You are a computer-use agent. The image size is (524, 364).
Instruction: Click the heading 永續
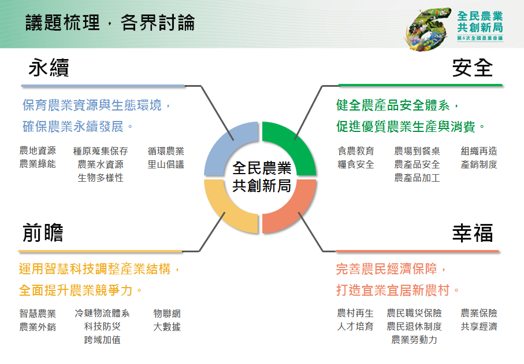click(x=49, y=68)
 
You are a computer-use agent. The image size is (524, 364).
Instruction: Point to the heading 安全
click(x=473, y=68)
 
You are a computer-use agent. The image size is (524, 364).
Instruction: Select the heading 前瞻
click(x=43, y=233)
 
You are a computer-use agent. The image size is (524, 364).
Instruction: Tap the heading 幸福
click(x=473, y=233)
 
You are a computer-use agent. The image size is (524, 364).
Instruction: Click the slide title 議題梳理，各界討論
click(x=110, y=23)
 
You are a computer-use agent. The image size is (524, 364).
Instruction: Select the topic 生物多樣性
click(x=101, y=178)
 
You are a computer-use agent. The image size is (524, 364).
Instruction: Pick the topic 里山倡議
click(x=166, y=164)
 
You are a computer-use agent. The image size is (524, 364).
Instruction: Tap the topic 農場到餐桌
click(x=417, y=151)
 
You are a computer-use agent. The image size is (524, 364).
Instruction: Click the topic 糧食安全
click(x=356, y=164)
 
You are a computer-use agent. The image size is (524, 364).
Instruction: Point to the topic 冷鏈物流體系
click(x=102, y=314)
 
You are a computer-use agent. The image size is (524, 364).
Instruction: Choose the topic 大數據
click(x=167, y=327)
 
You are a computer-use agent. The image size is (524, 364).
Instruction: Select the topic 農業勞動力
click(x=414, y=340)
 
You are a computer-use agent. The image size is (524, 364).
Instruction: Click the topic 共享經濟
click(x=479, y=326)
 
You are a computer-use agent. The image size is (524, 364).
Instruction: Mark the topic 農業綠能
click(x=38, y=164)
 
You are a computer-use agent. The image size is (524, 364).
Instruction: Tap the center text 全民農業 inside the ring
click(x=262, y=168)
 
